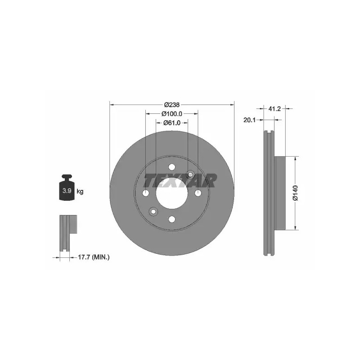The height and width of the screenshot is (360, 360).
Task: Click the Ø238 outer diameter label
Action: click(172, 105)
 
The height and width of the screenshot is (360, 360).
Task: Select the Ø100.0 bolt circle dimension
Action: click(172, 114)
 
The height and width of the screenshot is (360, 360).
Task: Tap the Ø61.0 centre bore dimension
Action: click(172, 123)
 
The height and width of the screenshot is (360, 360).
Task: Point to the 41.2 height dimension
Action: click(274, 108)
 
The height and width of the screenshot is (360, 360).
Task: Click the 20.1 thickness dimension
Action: click(250, 120)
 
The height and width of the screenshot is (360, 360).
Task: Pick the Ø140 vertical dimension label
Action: click(295, 193)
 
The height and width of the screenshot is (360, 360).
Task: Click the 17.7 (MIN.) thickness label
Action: click(94, 257)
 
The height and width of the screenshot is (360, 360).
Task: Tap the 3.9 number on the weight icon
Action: click(67, 190)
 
